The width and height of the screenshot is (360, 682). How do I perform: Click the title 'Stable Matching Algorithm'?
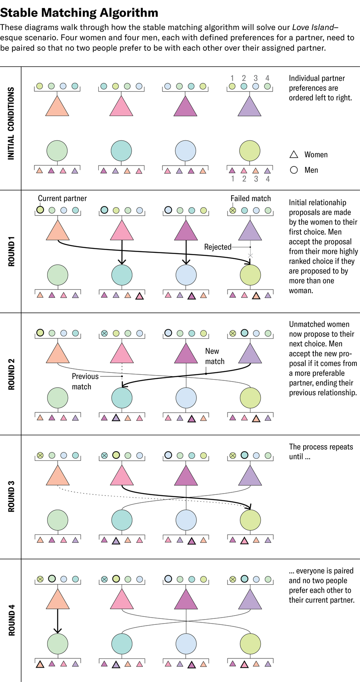79,13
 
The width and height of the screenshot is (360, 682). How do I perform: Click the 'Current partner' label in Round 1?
62,198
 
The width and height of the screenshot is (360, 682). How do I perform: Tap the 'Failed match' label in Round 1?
250,198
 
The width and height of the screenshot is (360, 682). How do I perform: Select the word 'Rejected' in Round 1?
218,247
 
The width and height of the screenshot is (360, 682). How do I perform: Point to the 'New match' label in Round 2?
214,356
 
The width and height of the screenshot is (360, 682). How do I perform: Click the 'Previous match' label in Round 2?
85,381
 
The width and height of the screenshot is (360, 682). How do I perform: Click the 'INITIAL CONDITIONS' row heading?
11,124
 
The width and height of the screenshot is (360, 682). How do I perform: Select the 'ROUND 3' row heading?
11,496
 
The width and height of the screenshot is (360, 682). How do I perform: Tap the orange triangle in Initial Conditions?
57,106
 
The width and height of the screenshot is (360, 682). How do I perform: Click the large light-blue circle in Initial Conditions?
186,151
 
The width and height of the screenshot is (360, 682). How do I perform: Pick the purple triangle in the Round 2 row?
250,353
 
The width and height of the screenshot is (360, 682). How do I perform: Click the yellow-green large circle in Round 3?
250,520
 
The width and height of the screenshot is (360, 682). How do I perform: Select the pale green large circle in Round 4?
58,644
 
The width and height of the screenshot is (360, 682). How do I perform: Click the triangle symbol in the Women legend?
294,155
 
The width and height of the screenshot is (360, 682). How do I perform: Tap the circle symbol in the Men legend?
294,170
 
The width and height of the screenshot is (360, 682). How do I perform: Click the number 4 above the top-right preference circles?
267,78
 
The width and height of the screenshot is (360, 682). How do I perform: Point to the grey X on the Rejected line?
250,256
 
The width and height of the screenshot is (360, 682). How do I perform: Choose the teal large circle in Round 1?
122,275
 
